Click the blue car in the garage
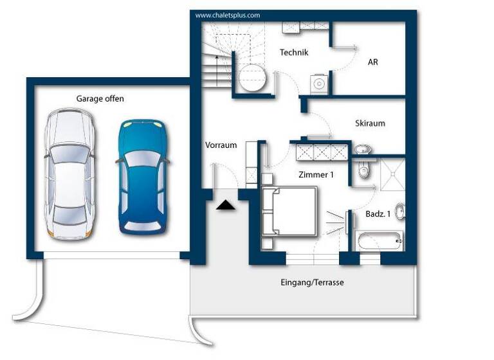[143, 177]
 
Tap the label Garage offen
[100, 99]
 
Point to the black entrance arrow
[226, 205]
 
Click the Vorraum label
[221, 145]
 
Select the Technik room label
[294, 53]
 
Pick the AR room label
[373, 62]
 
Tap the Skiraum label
[370, 123]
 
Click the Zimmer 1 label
[316, 174]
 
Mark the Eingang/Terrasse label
[312, 282]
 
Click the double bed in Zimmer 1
[290, 212]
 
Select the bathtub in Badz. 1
[379, 241]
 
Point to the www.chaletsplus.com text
[228, 15]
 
